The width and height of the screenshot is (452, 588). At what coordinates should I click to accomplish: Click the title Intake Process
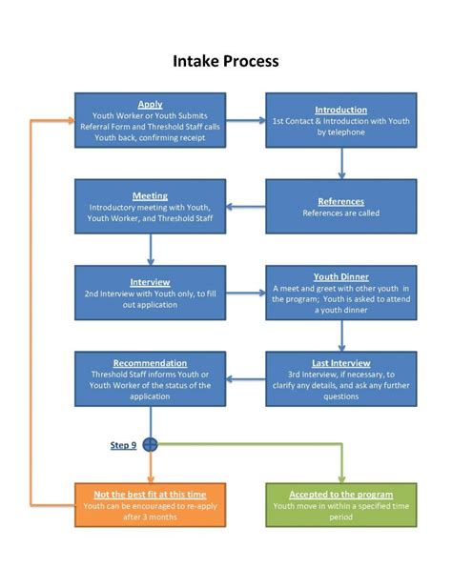pyautogui.click(x=226, y=61)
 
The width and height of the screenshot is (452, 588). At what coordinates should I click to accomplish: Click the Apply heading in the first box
pyautogui.click(x=150, y=105)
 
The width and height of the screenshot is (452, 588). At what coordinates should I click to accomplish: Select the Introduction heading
pyautogui.click(x=340, y=111)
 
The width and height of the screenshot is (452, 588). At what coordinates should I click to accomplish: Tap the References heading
pyautogui.click(x=340, y=201)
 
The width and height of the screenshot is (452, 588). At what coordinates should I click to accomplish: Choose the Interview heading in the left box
pyautogui.click(x=150, y=282)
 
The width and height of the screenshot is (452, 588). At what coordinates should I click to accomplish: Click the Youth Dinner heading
pyautogui.click(x=340, y=276)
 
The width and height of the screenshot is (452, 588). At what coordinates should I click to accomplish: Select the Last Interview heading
pyautogui.click(x=340, y=364)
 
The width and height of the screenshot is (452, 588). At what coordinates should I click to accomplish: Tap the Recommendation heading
pyautogui.click(x=150, y=363)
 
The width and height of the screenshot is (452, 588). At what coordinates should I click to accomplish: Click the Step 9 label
pyautogui.click(x=123, y=445)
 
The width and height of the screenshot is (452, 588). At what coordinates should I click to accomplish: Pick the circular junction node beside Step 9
pyautogui.click(x=150, y=445)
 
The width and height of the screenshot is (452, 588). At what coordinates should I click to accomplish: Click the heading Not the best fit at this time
pyautogui.click(x=150, y=495)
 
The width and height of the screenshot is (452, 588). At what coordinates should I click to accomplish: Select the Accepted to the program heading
pyautogui.click(x=340, y=495)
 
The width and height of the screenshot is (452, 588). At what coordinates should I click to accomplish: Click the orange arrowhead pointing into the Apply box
pyautogui.click(x=68, y=120)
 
